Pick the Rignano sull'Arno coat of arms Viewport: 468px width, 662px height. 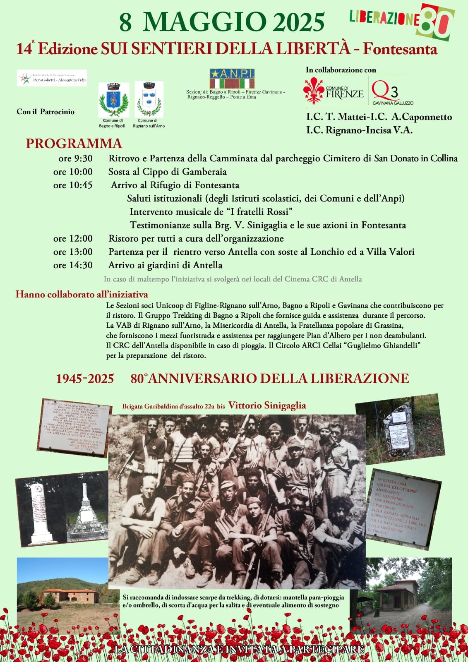pos(149,100)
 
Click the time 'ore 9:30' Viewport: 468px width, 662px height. pos(76,158)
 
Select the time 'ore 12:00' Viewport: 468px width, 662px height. pos(73,238)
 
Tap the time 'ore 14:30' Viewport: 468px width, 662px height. pos(73,265)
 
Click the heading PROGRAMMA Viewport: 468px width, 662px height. pos(74,144)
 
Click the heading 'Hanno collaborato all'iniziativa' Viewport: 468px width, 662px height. pos(82,295)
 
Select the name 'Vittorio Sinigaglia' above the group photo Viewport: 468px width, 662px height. pos(267,405)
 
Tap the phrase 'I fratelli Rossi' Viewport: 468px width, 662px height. pos(259,212)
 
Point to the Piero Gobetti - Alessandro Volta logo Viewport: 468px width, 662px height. pos(52,78)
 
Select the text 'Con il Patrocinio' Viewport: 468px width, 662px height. pos(46,112)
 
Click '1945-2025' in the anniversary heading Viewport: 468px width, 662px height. pos(85,379)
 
